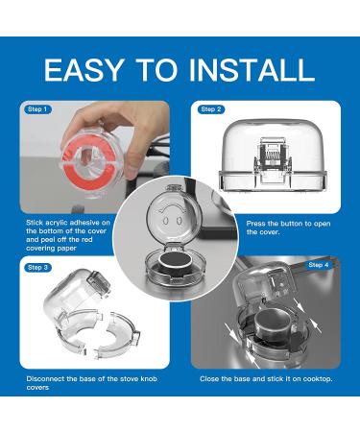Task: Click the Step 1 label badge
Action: [37, 109]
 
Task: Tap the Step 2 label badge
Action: [211, 109]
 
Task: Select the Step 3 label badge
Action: [37, 268]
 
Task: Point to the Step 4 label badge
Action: [319, 265]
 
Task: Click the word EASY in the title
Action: [84, 70]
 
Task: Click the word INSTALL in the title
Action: [252, 70]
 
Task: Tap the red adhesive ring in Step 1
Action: [87, 160]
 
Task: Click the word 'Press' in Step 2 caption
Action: [255, 224]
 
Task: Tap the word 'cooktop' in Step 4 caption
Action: [318, 379]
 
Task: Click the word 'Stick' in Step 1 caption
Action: [35, 223]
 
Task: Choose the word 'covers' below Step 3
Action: [37, 388]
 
